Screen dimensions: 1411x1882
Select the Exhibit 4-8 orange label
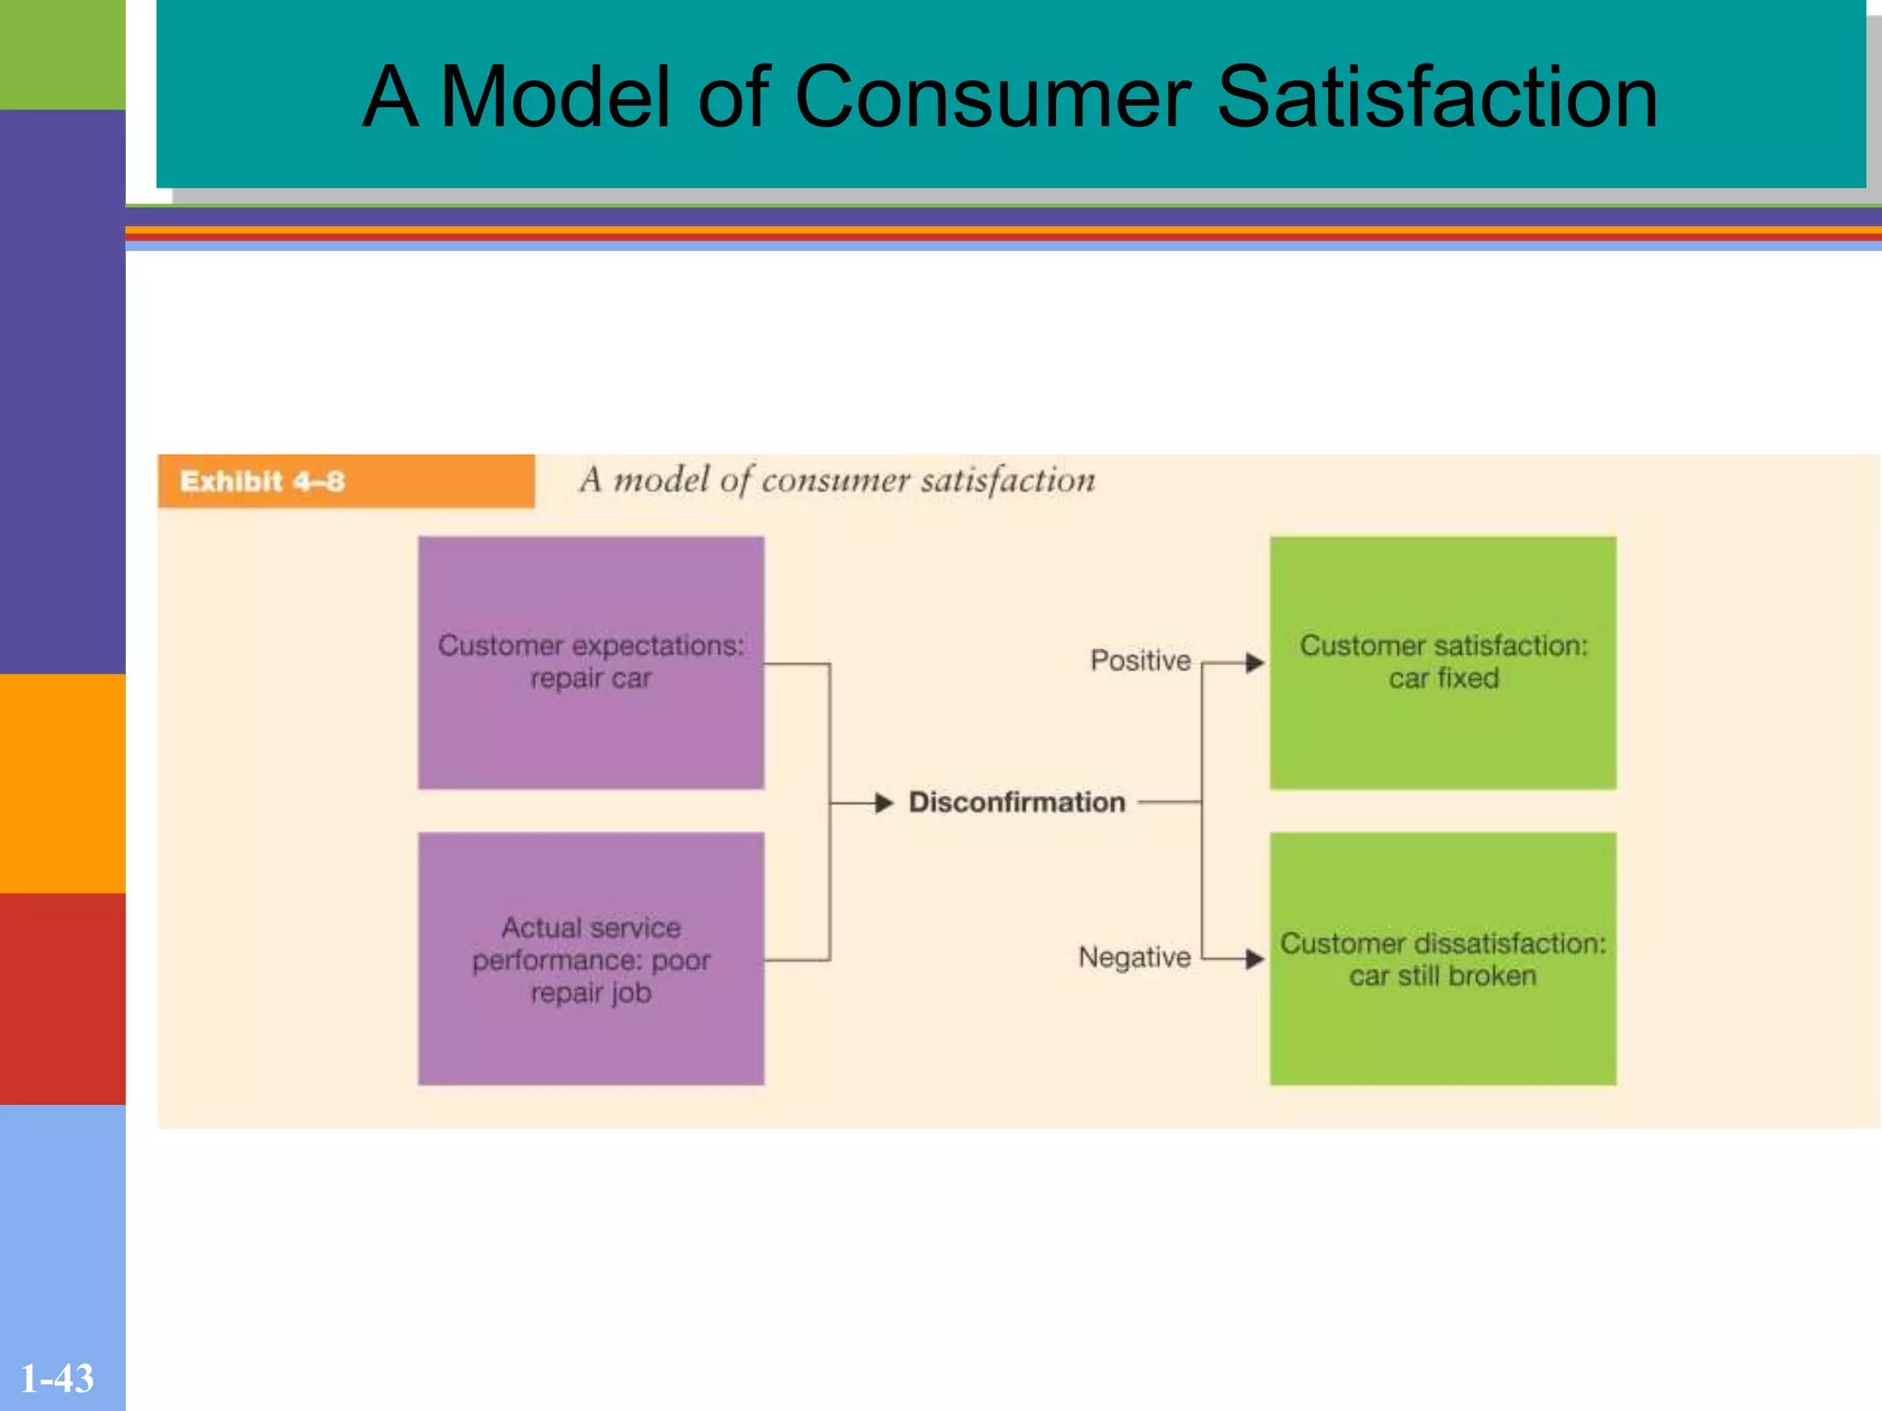click(x=346, y=481)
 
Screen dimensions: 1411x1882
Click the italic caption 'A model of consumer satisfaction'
click(x=837, y=480)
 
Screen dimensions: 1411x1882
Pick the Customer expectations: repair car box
click(x=591, y=662)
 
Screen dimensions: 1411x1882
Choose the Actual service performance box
click(x=591, y=958)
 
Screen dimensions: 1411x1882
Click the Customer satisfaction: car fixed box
click(x=1443, y=662)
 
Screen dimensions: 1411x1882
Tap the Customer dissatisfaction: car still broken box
click(x=1443, y=958)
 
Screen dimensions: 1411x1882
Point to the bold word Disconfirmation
click(x=1016, y=803)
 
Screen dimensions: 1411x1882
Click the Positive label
click(x=1139, y=660)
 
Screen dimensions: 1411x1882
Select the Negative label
click(x=1134, y=957)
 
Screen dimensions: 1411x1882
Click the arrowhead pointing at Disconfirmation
click(x=884, y=803)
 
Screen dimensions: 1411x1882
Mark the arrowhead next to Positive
click(x=1254, y=662)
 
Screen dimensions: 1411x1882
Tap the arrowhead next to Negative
click(x=1254, y=959)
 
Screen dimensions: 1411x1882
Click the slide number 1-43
click(x=57, y=1379)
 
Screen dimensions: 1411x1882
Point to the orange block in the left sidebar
click(x=62, y=783)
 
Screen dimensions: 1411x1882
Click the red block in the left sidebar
click(x=62, y=998)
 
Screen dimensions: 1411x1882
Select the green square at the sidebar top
click(x=62, y=53)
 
